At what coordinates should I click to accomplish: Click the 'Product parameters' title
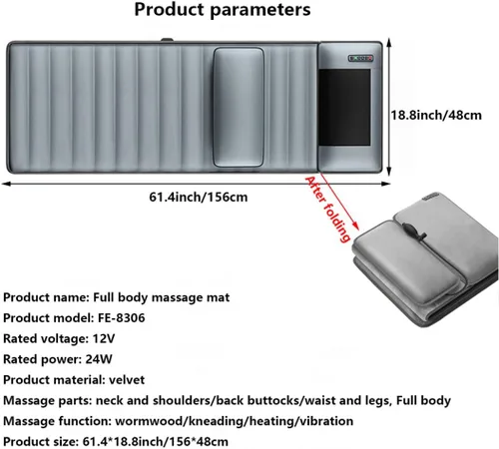tap(223, 9)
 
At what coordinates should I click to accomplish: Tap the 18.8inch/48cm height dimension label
tap(436, 115)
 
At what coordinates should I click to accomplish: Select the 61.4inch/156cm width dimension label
tap(199, 197)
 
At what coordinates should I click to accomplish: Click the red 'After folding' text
tap(327, 209)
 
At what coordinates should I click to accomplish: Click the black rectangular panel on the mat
tap(344, 107)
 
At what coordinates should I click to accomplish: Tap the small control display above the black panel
tap(360, 58)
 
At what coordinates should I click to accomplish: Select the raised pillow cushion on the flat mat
tap(239, 107)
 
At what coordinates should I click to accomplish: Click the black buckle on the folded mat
tap(412, 232)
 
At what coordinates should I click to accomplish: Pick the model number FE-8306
tap(122, 318)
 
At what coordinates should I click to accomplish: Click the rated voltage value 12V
tap(104, 338)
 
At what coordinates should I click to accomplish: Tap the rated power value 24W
tap(99, 359)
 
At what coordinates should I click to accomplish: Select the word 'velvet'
tap(127, 380)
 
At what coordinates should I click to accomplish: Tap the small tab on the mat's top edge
tap(167, 40)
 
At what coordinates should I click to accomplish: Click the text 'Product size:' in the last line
tap(41, 442)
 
